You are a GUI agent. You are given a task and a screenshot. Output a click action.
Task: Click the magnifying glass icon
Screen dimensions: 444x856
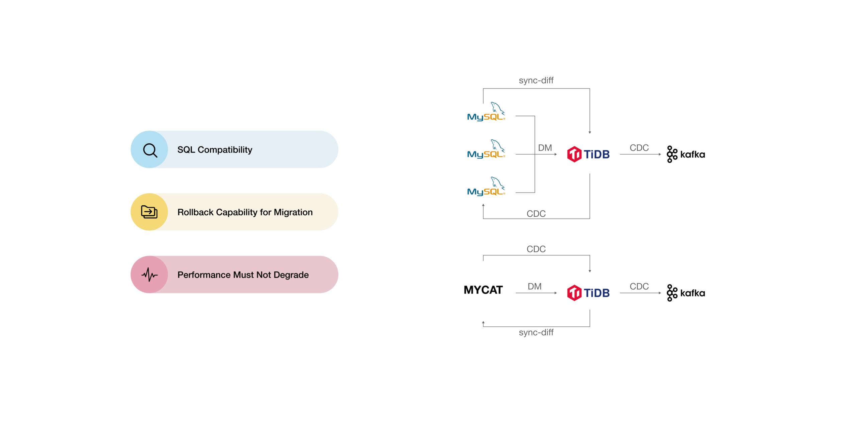pos(150,150)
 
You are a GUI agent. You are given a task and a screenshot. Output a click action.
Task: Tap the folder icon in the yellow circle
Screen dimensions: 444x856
pos(149,212)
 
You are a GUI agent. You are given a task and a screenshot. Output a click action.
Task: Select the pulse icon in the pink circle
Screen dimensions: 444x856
pos(149,275)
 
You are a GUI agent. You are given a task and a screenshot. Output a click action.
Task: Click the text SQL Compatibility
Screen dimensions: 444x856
pos(215,150)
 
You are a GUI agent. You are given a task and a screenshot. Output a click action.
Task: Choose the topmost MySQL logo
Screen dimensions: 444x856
pos(486,112)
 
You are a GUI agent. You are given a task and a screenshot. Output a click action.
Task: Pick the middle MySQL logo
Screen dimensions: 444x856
pos(486,149)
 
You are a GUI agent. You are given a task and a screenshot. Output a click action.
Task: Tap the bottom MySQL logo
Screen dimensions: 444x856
pos(486,187)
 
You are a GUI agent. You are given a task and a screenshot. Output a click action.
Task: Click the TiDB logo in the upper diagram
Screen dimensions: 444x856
pos(588,154)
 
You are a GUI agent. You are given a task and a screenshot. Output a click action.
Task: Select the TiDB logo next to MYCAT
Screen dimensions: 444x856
pos(588,293)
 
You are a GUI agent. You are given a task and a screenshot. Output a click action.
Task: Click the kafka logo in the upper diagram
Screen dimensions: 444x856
pos(685,154)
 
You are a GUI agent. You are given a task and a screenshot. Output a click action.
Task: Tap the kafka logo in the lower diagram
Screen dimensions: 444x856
pos(685,293)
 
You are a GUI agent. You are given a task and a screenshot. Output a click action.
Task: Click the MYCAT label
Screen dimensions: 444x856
pos(483,290)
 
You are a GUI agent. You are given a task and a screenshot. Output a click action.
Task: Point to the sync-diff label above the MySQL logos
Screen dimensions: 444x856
pos(536,80)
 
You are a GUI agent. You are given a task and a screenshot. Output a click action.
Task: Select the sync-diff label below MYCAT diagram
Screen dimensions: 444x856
pos(536,332)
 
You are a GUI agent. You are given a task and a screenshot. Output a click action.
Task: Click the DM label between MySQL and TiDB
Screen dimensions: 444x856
pos(545,148)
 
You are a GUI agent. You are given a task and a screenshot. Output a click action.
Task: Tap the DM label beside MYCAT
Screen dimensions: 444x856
pos(534,287)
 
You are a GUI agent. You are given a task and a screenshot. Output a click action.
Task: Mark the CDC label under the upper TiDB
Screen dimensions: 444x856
pos(536,214)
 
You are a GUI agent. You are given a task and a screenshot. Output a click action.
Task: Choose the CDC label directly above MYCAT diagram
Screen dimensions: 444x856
pos(536,249)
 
